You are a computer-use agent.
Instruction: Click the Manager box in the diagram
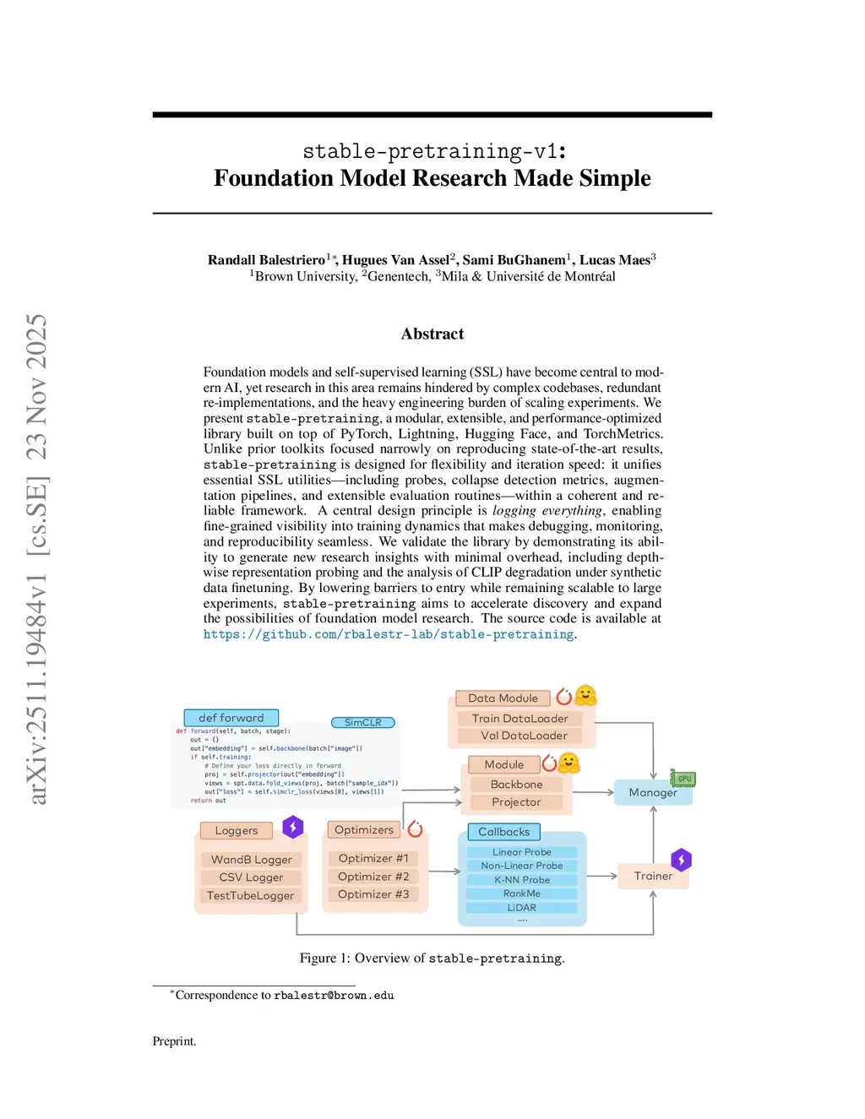(653, 792)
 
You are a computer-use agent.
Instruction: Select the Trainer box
(653, 876)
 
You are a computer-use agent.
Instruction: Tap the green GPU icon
(683, 778)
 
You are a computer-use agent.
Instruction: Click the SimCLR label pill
(363, 722)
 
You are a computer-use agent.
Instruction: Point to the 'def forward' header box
(231, 718)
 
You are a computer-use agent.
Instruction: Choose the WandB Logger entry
(251, 860)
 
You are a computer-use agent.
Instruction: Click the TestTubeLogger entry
(250, 895)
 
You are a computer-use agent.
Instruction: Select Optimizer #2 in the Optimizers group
(373, 877)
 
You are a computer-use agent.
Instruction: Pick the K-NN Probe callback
(522, 880)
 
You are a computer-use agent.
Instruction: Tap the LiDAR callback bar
(522, 908)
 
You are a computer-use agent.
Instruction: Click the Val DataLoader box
(524, 736)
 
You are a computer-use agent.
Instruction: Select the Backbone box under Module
(517, 785)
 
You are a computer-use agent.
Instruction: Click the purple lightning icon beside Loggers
(293, 827)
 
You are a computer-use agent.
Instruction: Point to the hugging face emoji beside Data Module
(585, 696)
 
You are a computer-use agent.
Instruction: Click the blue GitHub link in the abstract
(389, 634)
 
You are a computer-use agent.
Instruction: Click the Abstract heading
(432, 334)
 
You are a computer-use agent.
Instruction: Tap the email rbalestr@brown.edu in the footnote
(334, 996)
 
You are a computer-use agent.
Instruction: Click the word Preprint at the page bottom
(174, 1041)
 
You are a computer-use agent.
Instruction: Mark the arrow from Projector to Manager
(593, 792)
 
